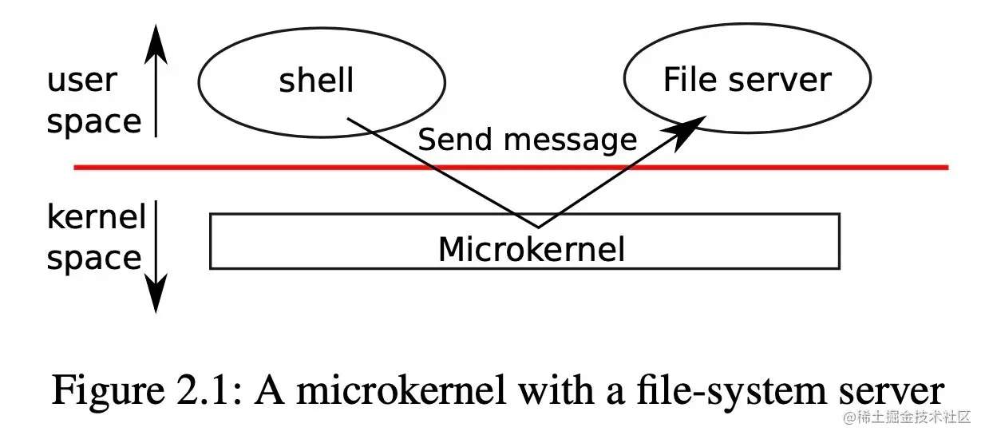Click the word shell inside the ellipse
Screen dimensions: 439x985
(316, 81)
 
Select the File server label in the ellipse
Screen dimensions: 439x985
(746, 80)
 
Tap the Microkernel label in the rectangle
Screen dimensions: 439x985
(531, 250)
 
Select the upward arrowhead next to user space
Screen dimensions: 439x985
(157, 44)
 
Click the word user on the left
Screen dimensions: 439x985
(81, 81)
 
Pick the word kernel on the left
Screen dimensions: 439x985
(96, 217)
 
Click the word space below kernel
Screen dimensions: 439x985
(93, 259)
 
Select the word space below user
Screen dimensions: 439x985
(93, 122)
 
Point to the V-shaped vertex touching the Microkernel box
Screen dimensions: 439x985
(537, 226)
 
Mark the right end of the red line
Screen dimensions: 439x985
(947, 168)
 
